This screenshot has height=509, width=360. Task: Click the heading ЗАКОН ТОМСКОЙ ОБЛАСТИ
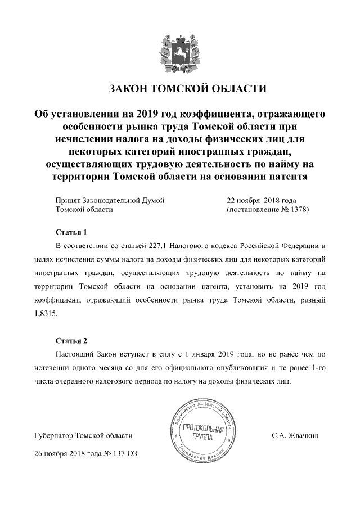[180, 89]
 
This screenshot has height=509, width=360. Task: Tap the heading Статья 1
[71, 232]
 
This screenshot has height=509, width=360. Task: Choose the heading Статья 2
[71, 341]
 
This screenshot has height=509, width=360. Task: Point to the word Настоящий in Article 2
[76, 355]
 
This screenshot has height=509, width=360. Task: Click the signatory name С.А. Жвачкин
[295, 435]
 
